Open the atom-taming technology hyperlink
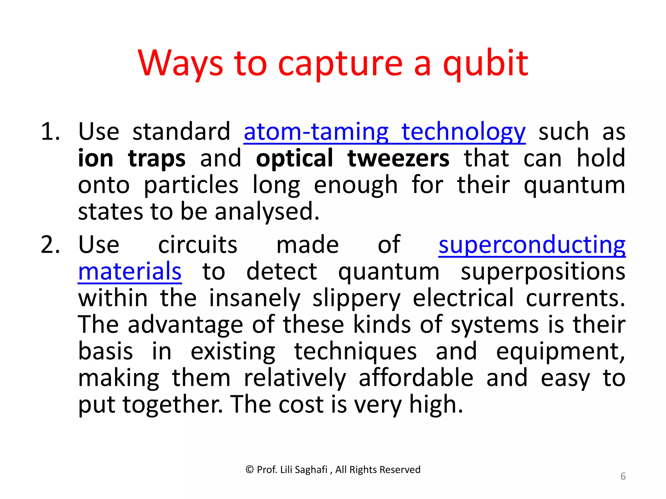pyautogui.click(x=384, y=132)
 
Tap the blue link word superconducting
pyautogui.click(x=532, y=245)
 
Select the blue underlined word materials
pyautogui.click(x=130, y=272)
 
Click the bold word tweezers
pyautogui.click(x=398, y=159)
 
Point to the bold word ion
pyautogui.click(x=96, y=159)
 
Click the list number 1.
pyautogui.click(x=50, y=132)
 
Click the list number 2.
pyautogui.click(x=50, y=245)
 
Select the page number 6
pyautogui.click(x=623, y=476)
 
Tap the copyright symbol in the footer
pyautogui.click(x=249, y=469)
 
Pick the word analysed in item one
pyautogui.click(x=267, y=212)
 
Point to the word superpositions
pyautogui.click(x=543, y=272)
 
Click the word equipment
pyautogui.click(x=560, y=352)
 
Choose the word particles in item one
pyautogui.click(x=191, y=185)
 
